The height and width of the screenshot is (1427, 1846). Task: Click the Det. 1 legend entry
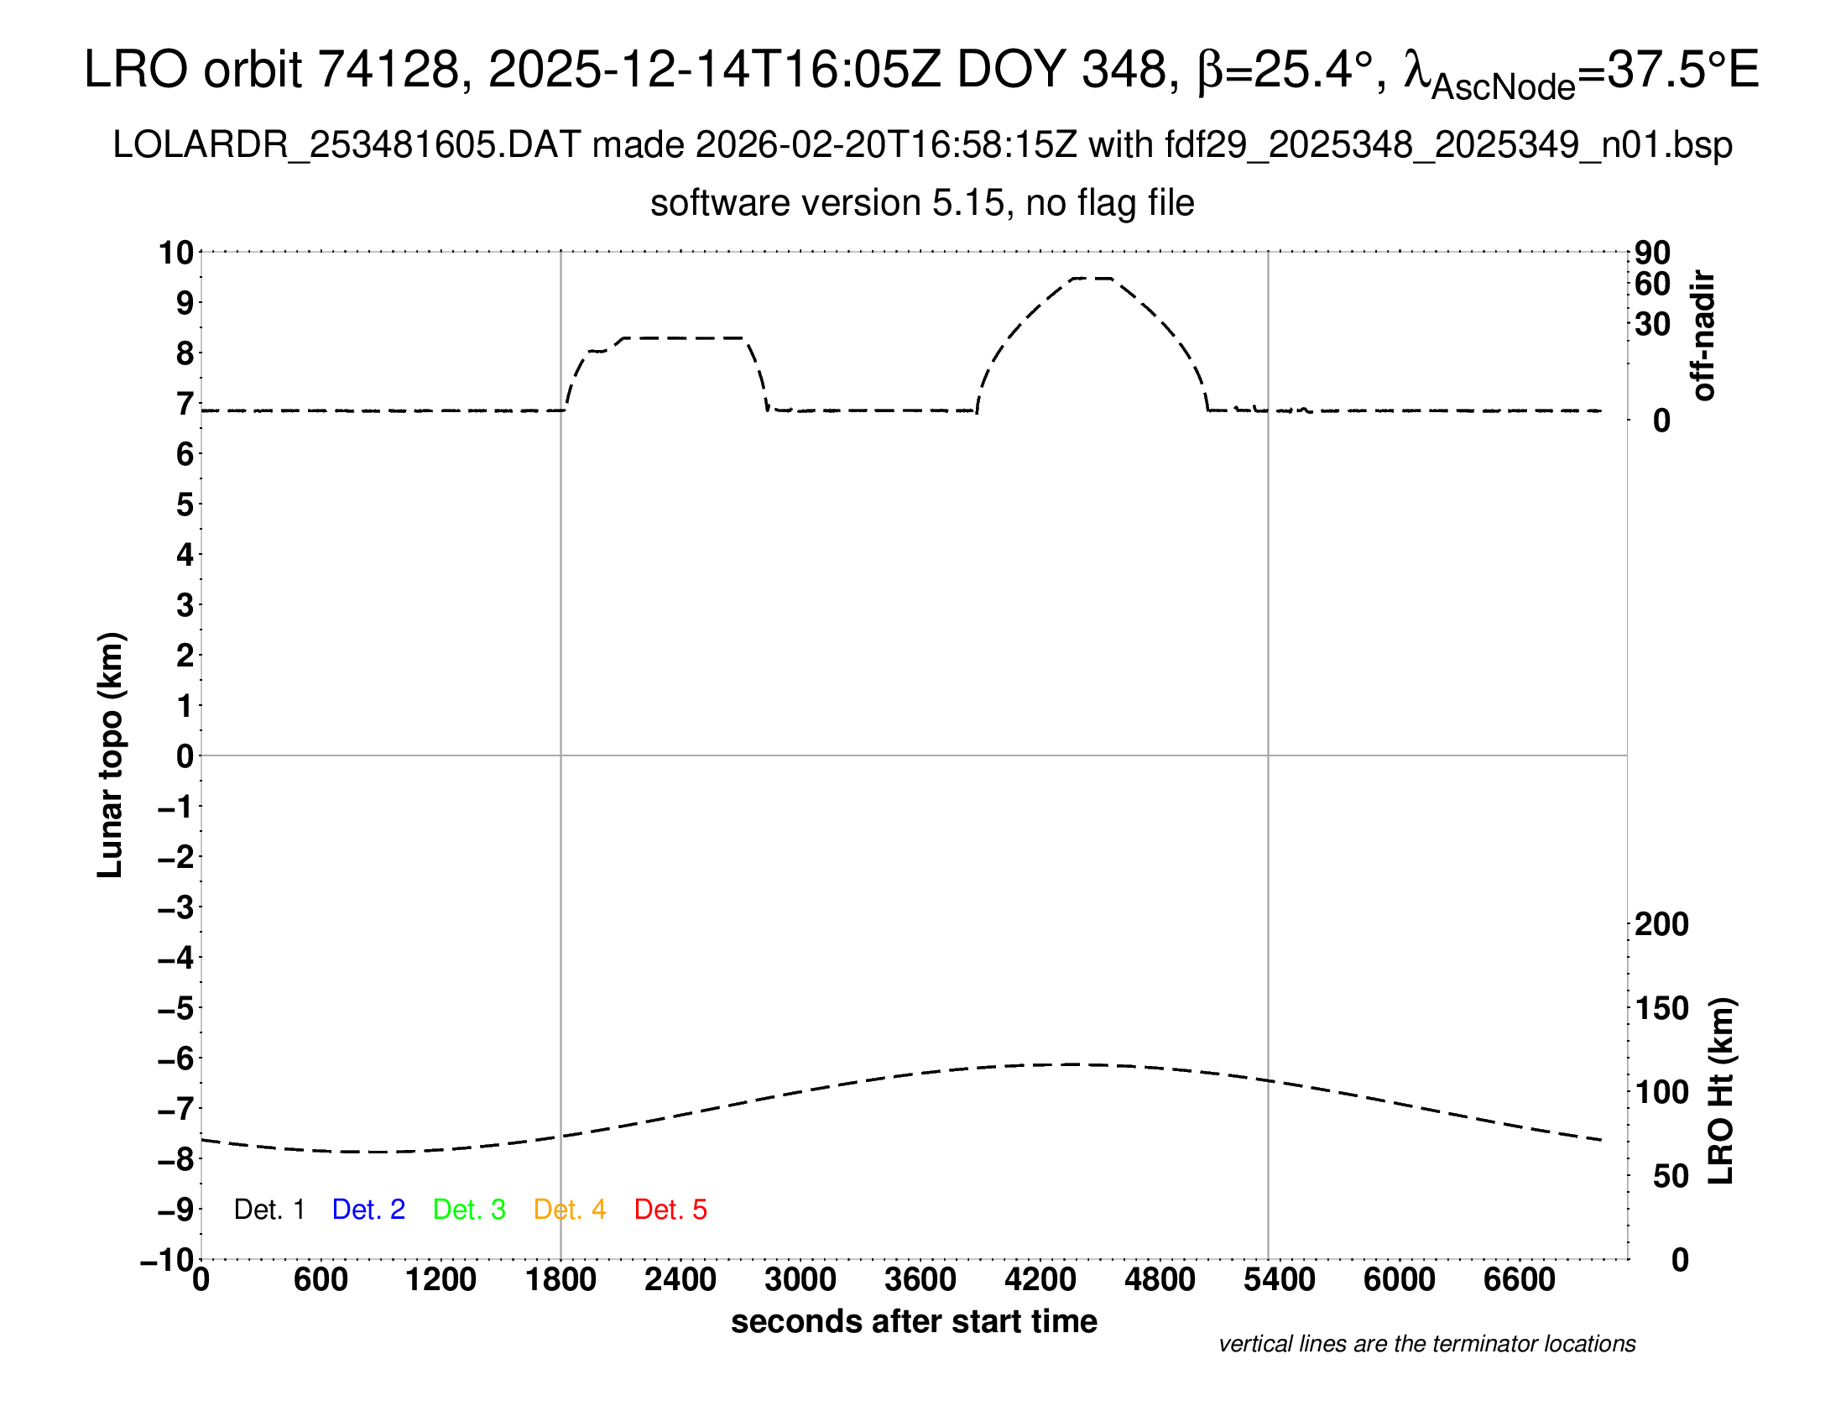tap(269, 1210)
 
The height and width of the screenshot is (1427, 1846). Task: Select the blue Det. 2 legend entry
tap(368, 1210)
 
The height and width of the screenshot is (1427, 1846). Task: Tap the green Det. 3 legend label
tap(469, 1210)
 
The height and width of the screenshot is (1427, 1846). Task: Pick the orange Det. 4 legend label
tap(570, 1210)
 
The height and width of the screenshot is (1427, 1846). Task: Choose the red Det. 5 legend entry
tap(670, 1210)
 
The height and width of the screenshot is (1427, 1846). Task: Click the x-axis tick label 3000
tap(800, 1280)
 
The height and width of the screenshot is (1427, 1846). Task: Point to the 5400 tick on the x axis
tap(1280, 1280)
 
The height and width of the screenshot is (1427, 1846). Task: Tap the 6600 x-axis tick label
tap(1519, 1280)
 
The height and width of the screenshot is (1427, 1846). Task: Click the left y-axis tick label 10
tap(177, 253)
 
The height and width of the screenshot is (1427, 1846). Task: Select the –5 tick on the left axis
tap(177, 1008)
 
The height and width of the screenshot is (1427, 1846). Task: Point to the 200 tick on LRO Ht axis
tap(1661, 924)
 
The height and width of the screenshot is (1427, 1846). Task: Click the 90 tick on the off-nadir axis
tap(1652, 253)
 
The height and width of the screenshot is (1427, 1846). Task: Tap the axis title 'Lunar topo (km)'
tap(111, 755)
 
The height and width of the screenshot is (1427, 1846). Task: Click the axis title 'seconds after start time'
tap(914, 1321)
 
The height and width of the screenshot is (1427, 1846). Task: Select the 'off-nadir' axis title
tap(1703, 336)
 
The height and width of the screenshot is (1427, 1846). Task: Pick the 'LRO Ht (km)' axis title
tap(1721, 1090)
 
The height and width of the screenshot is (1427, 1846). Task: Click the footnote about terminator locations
tap(1426, 1344)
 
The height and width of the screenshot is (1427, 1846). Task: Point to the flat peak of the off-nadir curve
tap(1091, 278)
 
